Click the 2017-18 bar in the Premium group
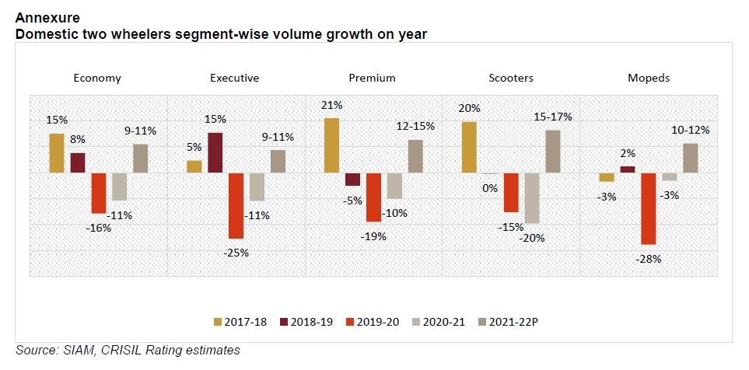pos(331,145)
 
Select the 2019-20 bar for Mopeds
pos(648,208)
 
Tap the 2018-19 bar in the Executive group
pos(215,152)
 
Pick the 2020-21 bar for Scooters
pos(531,198)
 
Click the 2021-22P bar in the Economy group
pos(140,158)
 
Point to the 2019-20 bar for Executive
pos(236,205)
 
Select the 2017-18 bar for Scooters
pos(468,147)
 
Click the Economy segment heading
pos(97,78)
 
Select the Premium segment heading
pos(373,78)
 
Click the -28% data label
pos(648,259)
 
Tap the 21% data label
pos(332,105)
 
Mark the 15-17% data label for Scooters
pos(553,117)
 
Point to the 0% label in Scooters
pos(490,187)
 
